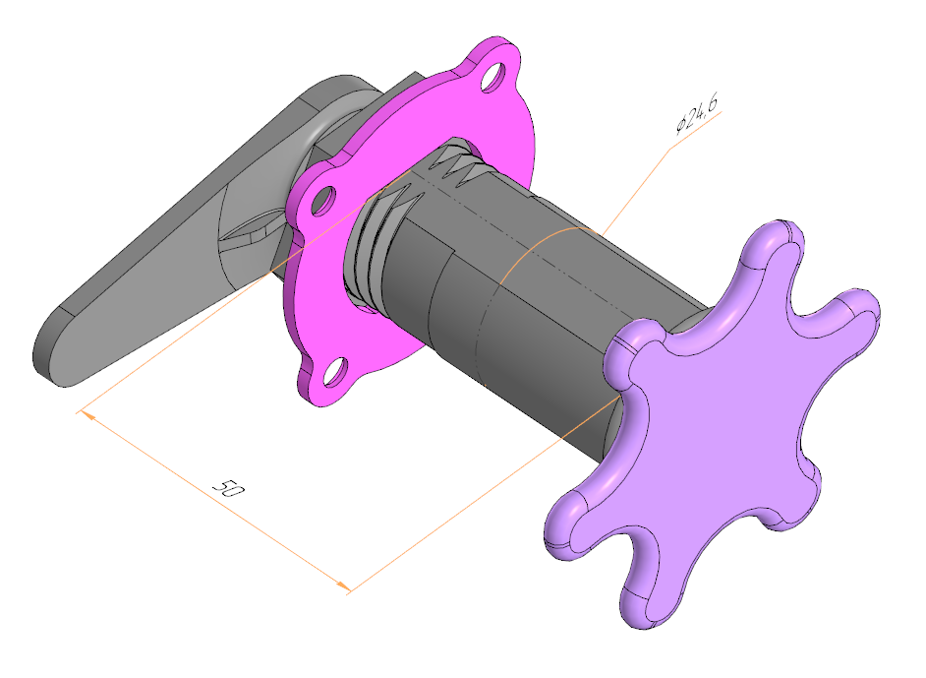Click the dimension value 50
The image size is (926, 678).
[227, 488]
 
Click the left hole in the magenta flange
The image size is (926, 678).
[323, 201]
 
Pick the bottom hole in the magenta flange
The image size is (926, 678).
[335, 372]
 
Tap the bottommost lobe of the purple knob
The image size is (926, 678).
[644, 597]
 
